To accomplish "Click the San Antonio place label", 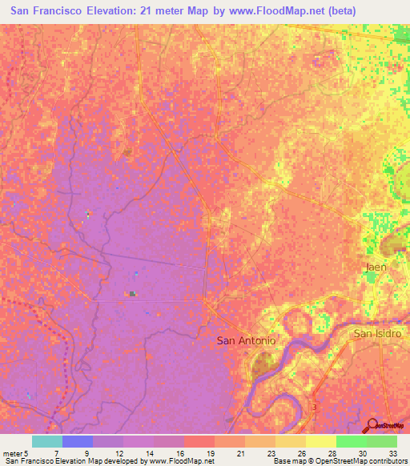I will (x=247, y=340).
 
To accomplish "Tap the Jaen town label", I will (x=376, y=267).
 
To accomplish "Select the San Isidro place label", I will (x=377, y=333).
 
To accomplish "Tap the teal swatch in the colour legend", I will (x=47, y=441).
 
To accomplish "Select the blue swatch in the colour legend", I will (x=78, y=441).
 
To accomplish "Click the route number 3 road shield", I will (x=315, y=408).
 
